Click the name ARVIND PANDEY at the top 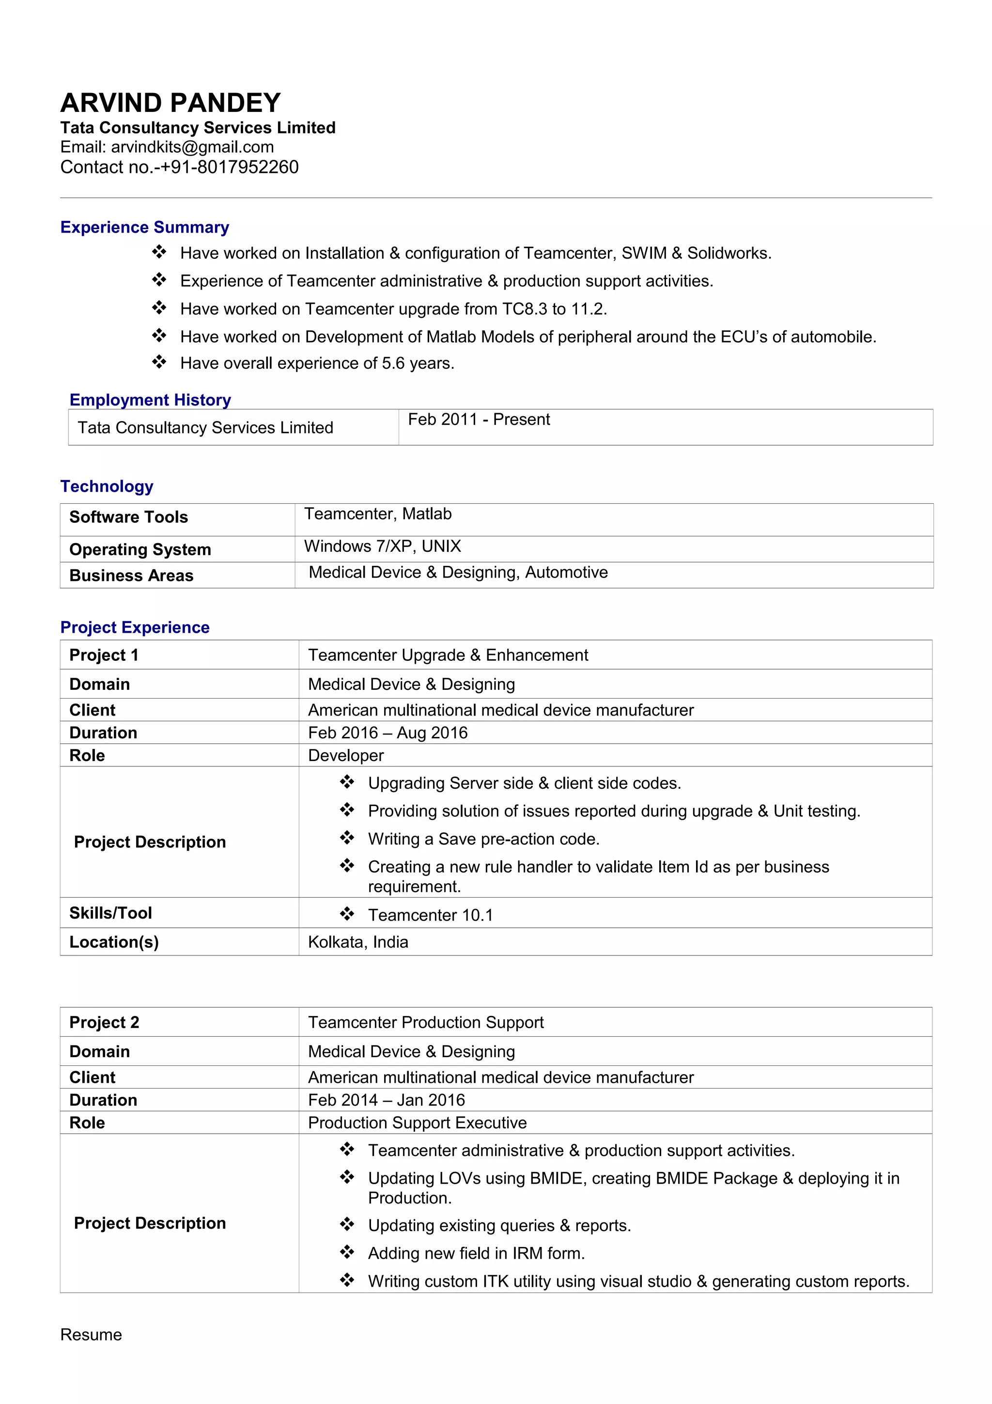click(x=170, y=103)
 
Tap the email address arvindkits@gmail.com click(x=192, y=147)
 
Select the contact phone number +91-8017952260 click(x=229, y=167)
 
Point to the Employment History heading click(x=150, y=399)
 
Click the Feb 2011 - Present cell click(x=479, y=420)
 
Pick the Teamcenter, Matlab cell click(x=378, y=514)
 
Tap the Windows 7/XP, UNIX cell click(x=382, y=546)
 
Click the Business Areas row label click(x=131, y=576)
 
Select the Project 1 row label click(x=104, y=655)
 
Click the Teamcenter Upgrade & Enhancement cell click(x=448, y=655)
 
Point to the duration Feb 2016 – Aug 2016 click(x=387, y=733)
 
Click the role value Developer click(x=345, y=755)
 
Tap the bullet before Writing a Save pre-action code click(x=347, y=838)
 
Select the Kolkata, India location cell click(x=357, y=942)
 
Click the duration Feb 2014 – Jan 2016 click(x=386, y=1100)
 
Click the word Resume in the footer click(x=91, y=1334)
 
